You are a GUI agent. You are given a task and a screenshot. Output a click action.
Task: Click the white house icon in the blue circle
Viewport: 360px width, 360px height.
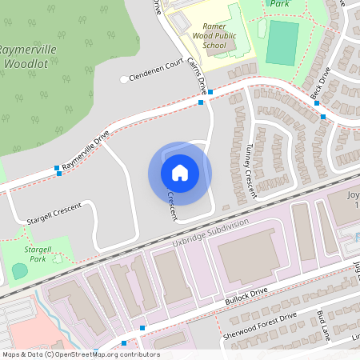[180, 172]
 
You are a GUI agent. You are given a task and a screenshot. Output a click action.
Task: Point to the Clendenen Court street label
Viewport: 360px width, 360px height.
[157, 70]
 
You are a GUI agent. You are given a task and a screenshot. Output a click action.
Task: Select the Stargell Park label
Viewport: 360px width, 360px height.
[37, 254]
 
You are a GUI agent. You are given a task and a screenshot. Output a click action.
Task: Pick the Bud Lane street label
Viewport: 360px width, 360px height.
[329, 321]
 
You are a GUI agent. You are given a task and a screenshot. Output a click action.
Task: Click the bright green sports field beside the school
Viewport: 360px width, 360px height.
[282, 42]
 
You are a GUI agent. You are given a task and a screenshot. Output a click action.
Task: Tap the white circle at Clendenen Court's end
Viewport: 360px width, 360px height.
[124, 79]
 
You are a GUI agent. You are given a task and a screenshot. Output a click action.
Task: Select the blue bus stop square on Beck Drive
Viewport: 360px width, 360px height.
[324, 117]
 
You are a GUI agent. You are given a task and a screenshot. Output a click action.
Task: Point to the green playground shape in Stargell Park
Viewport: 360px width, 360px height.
[20, 271]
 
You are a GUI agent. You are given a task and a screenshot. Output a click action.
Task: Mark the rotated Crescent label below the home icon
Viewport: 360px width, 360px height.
[172, 206]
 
